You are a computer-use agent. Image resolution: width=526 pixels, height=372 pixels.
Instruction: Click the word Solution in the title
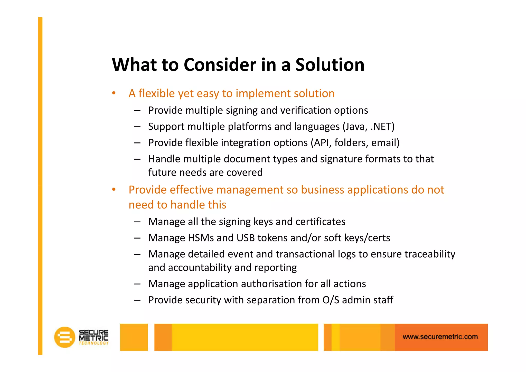point(330,65)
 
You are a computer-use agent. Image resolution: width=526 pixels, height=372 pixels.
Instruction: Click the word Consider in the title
point(220,65)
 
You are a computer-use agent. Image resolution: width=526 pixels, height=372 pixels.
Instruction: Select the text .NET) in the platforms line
point(382,126)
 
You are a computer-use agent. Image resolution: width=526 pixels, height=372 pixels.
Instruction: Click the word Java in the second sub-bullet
point(355,126)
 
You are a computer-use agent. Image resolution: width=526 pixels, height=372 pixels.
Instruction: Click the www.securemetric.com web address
point(440,337)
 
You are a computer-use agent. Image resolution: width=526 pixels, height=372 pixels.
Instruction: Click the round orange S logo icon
point(64,337)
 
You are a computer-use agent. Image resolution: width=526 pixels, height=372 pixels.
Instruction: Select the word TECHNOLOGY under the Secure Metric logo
point(93,343)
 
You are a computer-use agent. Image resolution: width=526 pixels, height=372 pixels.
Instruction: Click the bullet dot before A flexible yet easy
point(114,93)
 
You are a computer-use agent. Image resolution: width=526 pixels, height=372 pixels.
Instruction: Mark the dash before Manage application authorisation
point(137,284)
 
